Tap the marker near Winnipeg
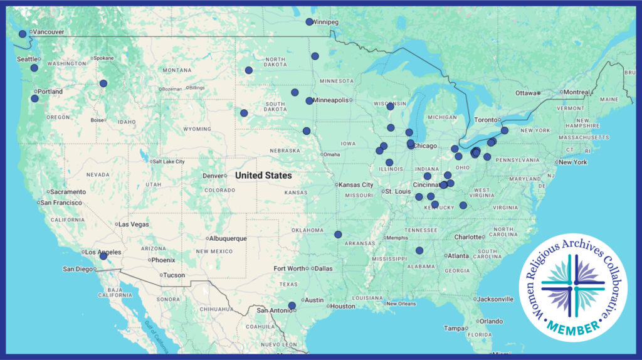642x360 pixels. pos(309,22)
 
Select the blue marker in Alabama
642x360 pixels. pos(419,251)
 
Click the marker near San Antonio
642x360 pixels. pos(292,305)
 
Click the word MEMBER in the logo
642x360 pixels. pos(573,326)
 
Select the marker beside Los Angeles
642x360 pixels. pos(103,256)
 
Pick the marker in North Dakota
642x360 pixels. pos(249,70)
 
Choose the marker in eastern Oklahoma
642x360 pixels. pos(338,235)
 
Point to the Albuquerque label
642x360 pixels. pos(229,238)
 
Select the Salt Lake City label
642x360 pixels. pos(168,161)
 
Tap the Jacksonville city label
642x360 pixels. pos(498,299)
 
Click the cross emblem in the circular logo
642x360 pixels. pos(573,286)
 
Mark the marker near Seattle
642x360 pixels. pos(34,68)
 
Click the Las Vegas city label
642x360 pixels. pos(134,224)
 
